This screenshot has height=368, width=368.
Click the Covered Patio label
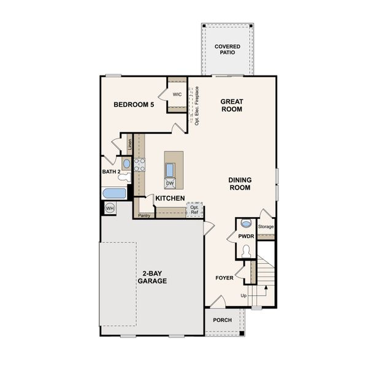pyautogui.click(x=227, y=50)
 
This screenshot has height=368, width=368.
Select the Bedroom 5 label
pyautogui.click(x=134, y=105)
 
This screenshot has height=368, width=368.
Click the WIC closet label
pyautogui.click(x=177, y=94)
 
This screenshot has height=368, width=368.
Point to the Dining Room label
pyautogui.click(x=240, y=184)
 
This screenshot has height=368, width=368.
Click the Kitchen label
pyautogui.click(x=170, y=198)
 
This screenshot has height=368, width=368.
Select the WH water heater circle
pyautogui.click(x=110, y=209)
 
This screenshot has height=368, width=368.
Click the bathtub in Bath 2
pyautogui.click(x=114, y=194)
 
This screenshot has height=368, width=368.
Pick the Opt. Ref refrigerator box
pyautogui.click(x=194, y=209)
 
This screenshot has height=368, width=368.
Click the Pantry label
pyautogui.click(x=144, y=215)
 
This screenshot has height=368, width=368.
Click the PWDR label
pyautogui.click(x=247, y=236)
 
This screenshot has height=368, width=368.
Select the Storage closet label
pyautogui.click(x=266, y=227)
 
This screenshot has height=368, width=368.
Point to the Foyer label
pyautogui.click(x=224, y=278)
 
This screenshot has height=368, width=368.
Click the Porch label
pyautogui.click(x=222, y=320)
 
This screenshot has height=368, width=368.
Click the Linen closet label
pyautogui.click(x=129, y=145)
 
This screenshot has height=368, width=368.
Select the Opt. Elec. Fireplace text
pyautogui.click(x=197, y=105)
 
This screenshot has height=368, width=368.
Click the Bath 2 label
pyautogui.click(x=111, y=172)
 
